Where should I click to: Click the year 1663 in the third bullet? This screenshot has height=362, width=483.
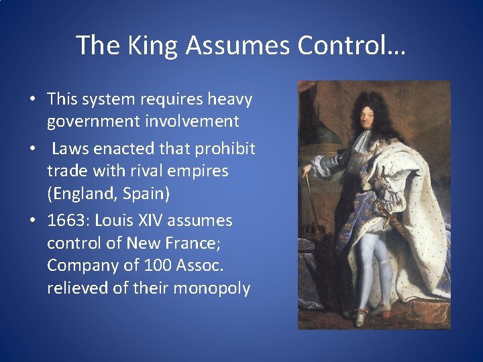click(x=67, y=221)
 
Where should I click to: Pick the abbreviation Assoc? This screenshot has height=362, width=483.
click(x=199, y=266)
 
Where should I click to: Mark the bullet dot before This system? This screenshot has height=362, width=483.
click(x=32, y=100)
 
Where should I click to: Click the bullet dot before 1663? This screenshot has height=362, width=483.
click(x=32, y=221)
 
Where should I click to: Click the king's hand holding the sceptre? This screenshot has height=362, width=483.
click(x=311, y=168)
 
